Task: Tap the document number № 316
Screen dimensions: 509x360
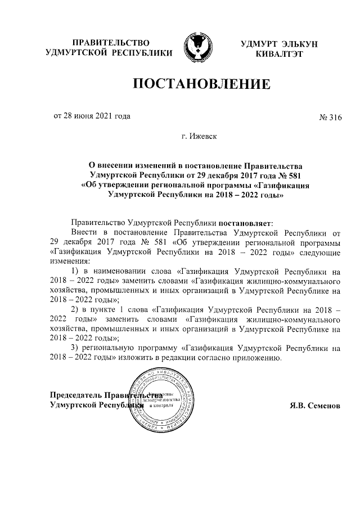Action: coord(330,117)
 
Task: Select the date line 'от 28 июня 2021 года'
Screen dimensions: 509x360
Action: coord(92,116)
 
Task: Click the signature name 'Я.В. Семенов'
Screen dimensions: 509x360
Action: coord(314,405)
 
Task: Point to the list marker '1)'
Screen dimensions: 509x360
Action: coord(76,270)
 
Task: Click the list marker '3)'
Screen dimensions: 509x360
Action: coord(75,348)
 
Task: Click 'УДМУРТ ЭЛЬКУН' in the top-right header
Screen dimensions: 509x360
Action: coord(272,43)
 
